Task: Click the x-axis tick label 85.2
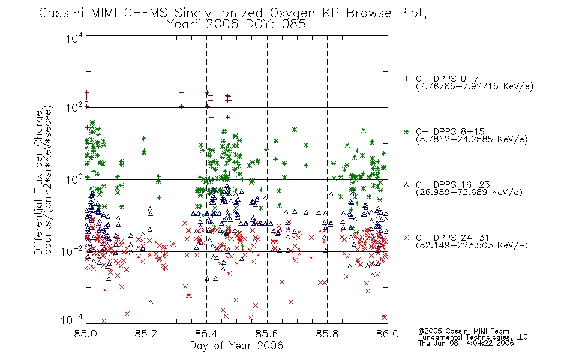click(146, 334)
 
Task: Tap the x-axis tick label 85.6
click(267, 334)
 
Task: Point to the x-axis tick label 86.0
click(388, 334)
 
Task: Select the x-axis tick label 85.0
click(85, 334)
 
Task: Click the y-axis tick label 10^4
click(74, 38)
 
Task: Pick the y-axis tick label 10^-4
click(72, 319)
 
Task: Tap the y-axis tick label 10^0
click(74, 179)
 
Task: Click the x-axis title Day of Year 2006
click(236, 346)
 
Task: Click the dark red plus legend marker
click(406, 79)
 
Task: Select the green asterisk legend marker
click(406, 131)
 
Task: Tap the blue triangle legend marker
click(406, 185)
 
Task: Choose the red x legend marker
click(406, 238)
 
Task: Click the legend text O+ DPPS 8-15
click(450, 131)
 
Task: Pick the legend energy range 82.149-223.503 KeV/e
click(472, 245)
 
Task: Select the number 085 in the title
click(295, 25)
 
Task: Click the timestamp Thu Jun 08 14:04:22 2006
click(466, 343)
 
